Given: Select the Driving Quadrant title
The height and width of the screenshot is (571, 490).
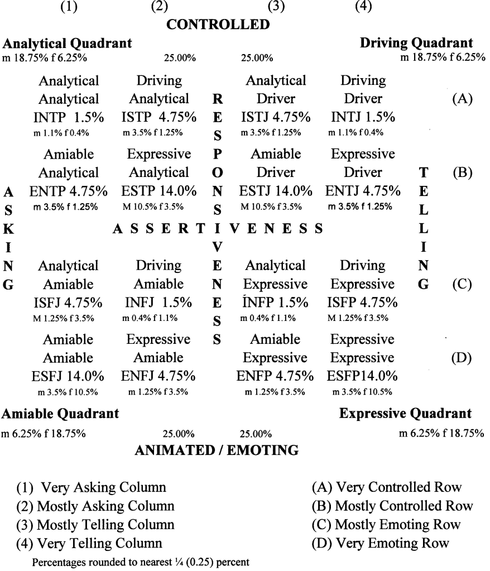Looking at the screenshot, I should [416, 42].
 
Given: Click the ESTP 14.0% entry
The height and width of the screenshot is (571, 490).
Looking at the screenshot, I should [159, 191].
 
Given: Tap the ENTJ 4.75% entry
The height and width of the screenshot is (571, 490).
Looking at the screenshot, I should [363, 191].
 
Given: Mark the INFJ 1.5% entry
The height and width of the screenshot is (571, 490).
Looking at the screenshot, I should [159, 303].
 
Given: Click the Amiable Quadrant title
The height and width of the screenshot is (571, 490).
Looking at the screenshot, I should [61, 414].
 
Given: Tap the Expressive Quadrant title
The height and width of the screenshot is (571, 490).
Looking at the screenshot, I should [405, 414].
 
